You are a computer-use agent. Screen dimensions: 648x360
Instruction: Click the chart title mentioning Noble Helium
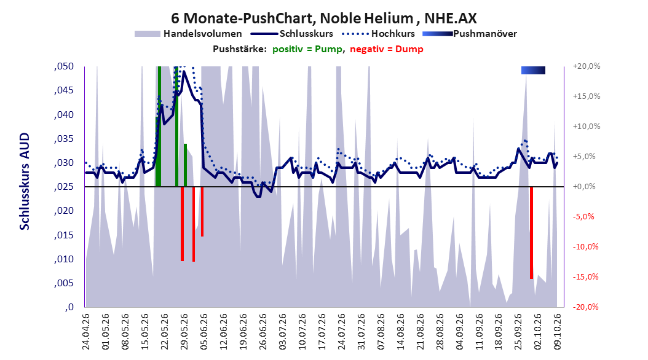pos(323,18)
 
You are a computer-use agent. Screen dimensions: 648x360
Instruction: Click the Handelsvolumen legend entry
pos(188,34)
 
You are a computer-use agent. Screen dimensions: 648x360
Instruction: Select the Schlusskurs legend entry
pos(292,34)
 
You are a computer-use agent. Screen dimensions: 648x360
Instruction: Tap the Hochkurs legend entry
pos(380,34)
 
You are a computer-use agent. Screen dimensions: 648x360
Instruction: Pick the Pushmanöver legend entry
pos(470,34)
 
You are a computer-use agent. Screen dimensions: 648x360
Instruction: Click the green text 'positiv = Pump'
pos(307,49)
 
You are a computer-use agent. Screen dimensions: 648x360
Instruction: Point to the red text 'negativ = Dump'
pos(387,49)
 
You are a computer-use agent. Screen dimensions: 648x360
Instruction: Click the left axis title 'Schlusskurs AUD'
pos(25,181)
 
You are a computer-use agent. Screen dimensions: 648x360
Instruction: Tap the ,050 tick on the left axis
pos(64,66)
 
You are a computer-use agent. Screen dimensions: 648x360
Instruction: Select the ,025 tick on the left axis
pos(64,187)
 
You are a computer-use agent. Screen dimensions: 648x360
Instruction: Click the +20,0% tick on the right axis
pos(587,66)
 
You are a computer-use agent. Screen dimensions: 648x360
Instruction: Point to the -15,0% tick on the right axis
pos(585,276)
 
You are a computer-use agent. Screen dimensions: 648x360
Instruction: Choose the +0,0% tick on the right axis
pos(584,187)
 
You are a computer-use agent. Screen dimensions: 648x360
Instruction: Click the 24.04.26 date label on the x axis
pos(86,332)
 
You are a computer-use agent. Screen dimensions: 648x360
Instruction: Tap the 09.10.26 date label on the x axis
pos(557,332)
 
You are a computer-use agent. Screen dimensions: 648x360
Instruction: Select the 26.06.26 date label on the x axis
pos(263,332)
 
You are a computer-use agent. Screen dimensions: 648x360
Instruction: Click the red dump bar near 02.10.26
pos(531,233)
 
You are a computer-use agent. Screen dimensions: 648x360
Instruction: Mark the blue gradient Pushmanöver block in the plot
pos(533,70)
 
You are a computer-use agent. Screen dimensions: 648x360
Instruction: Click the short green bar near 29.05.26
pos(185,165)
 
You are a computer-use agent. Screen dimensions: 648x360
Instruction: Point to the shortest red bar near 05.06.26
pos(202,212)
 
